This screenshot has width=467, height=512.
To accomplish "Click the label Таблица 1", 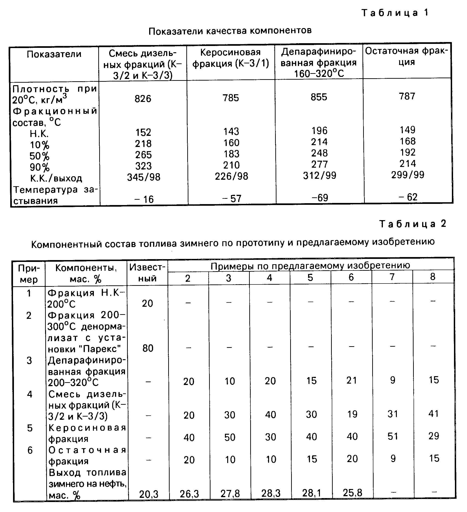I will [x=395, y=13].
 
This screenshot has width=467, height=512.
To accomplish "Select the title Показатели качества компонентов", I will [x=230, y=31].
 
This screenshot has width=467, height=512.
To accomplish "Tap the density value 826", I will [x=143, y=98].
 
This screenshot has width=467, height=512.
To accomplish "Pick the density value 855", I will [x=319, y=97].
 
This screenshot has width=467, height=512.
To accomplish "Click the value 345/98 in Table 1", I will [x=144, y=177].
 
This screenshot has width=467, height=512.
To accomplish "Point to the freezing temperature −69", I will [x=320, y=198].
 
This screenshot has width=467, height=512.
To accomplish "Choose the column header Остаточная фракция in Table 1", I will [x=407, y=56].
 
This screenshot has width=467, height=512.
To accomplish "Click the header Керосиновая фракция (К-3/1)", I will [x=231, y=58].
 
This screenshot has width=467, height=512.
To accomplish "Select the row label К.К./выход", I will [x=56, y=178].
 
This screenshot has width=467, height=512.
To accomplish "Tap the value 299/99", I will [x=408, y=175].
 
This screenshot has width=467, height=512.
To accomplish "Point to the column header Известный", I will [x=147, y=273].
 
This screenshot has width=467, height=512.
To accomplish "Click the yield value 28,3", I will [x=271, y=493].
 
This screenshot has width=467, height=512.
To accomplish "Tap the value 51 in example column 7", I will [x=393, y=436].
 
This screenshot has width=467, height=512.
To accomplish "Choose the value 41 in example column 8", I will [x=434, y=414].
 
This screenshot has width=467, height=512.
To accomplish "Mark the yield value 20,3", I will [x=149, y=494].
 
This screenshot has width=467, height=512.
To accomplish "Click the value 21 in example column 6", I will [x=352, y=380].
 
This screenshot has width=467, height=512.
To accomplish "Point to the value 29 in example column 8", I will [x=434, y=436].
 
